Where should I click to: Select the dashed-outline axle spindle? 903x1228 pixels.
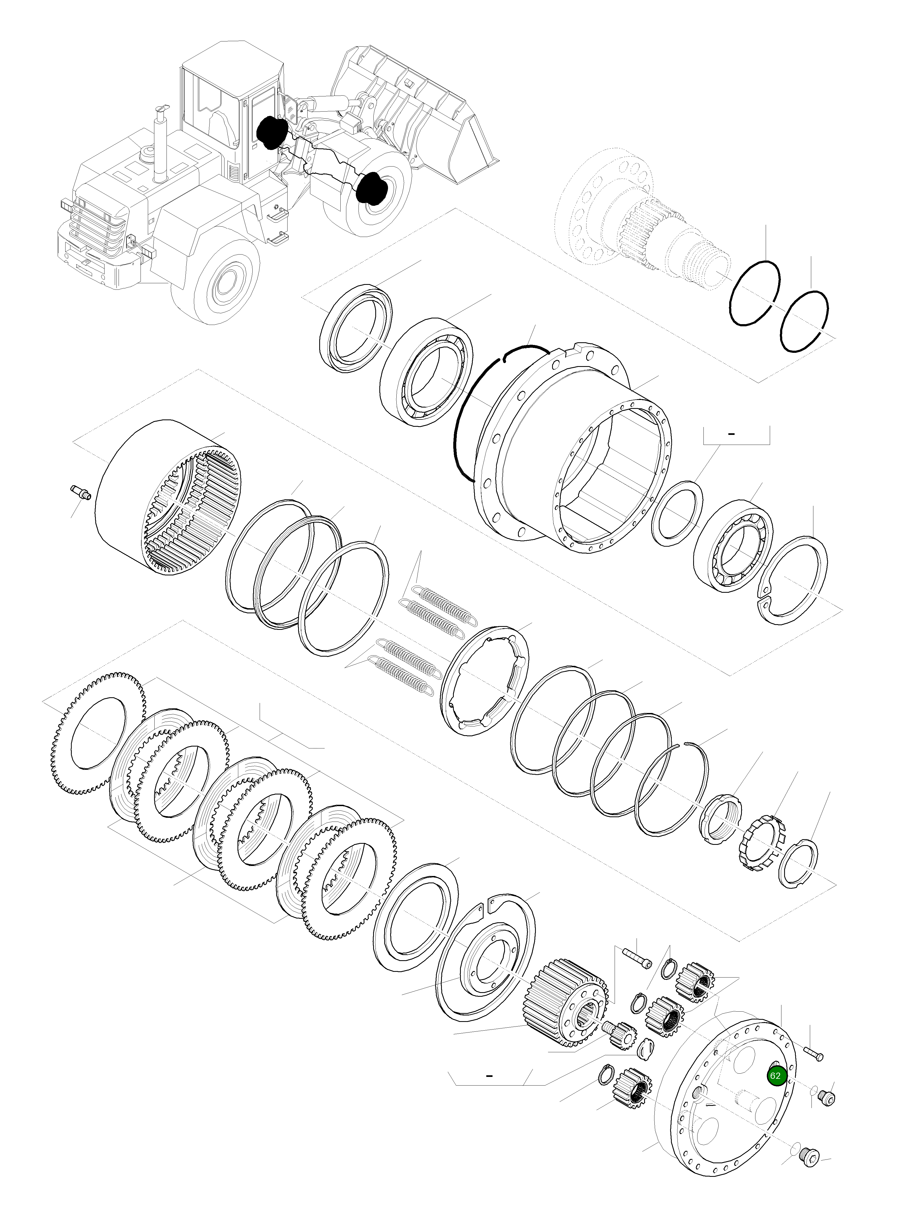(645, 219)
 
